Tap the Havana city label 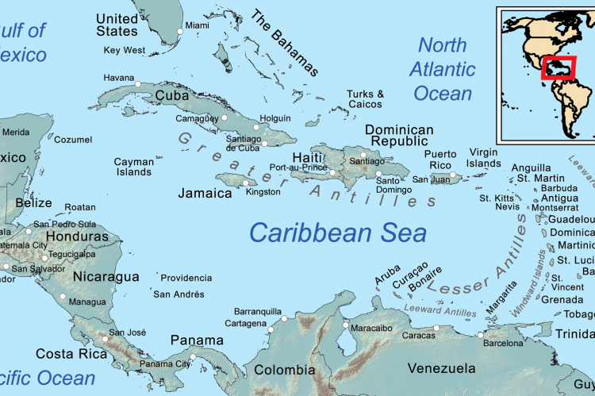click(x=119, y=78)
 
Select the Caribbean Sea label click(x=337, y=233)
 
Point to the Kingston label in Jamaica click(x=263, y=192)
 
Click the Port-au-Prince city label click(x=297, y=167)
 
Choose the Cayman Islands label click(x=133, y=167)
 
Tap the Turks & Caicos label click(x=365, y=99)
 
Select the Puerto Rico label click(x=440, y=160)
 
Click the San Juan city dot click(x=454, y=175)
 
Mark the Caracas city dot click(x=436, y=328)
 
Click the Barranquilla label click(x=258, y=312)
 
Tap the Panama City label click(x=165, y=364)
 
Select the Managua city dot click(x=63, y=296)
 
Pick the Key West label click(x=125, y=50)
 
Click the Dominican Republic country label click(x=399, y=136)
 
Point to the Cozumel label click(x=73, y=140)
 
